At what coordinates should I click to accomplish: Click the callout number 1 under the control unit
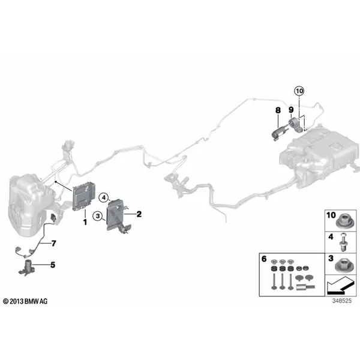tap(85, 222)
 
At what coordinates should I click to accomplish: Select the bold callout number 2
tap(139, 214)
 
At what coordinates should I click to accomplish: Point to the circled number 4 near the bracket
tap(103, 196)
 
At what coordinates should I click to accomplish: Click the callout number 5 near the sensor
tap(52, 264)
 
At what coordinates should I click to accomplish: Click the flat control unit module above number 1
tap(83, 198)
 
